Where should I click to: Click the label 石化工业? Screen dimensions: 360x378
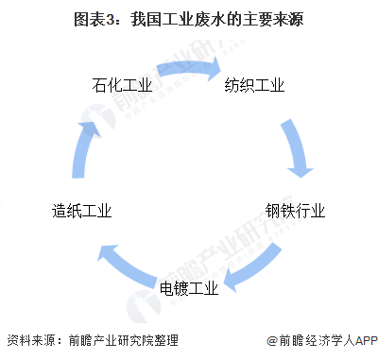tap(123, 87)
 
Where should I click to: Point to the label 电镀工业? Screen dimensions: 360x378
tap(189, 287)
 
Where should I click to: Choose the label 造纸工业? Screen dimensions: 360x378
tap(82, 212)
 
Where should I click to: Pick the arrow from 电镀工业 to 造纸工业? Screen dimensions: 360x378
tap(123, 265)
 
